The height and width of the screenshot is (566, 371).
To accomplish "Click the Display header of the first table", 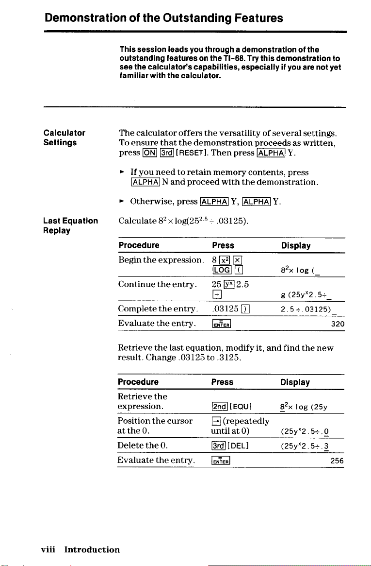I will (x=295, y=245).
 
